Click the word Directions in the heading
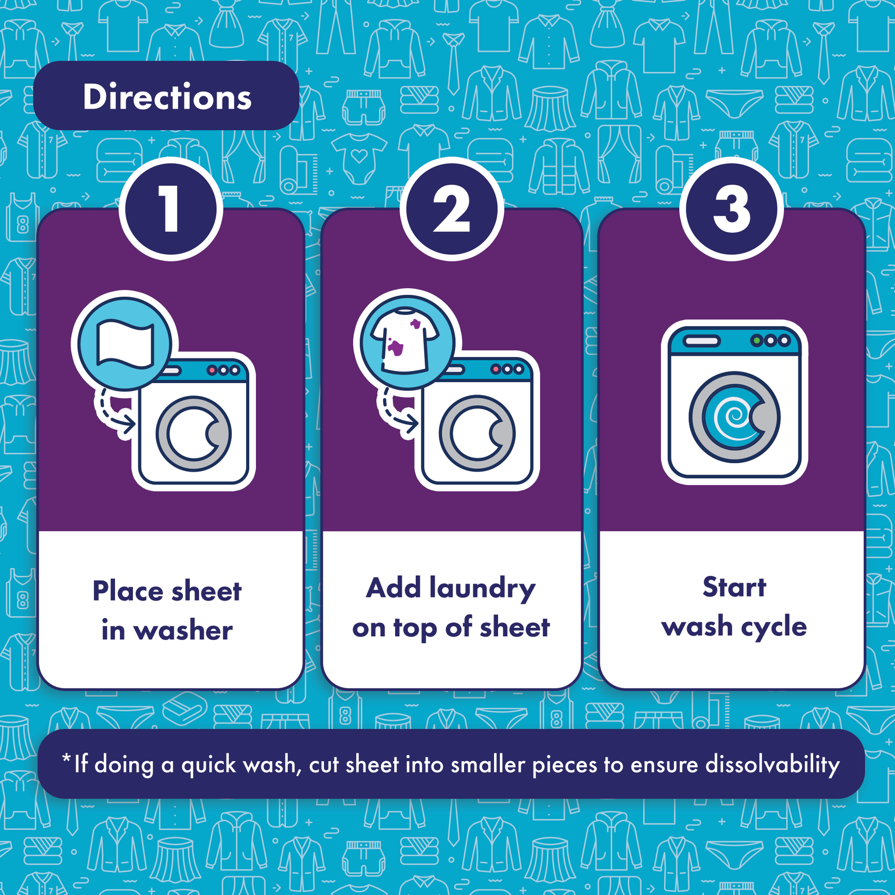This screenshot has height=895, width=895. click(x=167, y=97)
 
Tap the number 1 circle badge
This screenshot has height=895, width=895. click(x=171, y=209)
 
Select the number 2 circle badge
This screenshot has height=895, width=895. click(x=452, y=209)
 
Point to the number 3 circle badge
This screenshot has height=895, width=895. click(x=732, y=209)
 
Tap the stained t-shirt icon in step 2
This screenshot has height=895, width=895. click(x=405, y=340)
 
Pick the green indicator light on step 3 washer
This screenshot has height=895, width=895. click(x=757, y=341)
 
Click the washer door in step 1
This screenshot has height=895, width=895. click(x=194, y=434)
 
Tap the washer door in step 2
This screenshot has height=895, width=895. click(x=477, y=434)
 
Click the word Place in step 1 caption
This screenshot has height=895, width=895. click(x=128, y=591)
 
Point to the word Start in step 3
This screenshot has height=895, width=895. click(x=734, y=587)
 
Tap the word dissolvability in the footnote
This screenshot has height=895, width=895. click(x=772, y=765)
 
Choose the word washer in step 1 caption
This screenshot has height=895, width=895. click(x=184, y=631)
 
